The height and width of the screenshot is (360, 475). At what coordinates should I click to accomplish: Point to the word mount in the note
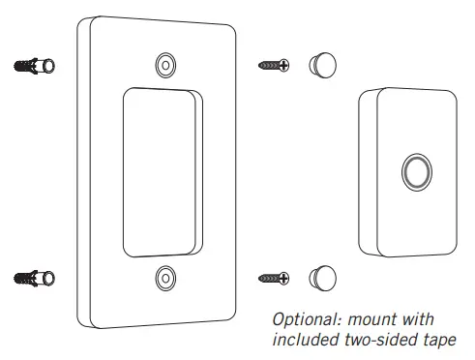[x=371, y=319]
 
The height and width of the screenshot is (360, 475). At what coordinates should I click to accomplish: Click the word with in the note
[x=418, y=319]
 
